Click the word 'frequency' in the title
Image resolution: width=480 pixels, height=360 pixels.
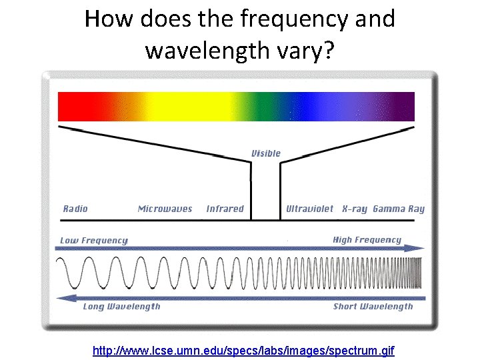293,19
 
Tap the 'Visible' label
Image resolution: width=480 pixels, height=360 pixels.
266,153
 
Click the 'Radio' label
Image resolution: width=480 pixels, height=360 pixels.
75,209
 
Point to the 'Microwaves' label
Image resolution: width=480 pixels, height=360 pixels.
165,209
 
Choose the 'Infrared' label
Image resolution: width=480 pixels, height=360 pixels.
225,209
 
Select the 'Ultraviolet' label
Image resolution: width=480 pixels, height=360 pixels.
309,209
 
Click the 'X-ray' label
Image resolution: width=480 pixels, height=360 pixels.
354,209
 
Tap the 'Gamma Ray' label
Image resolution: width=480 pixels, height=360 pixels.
399,209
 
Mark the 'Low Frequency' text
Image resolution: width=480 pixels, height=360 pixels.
93,240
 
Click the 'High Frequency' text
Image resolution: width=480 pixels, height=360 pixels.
367,240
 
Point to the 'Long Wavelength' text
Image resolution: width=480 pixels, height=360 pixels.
121,307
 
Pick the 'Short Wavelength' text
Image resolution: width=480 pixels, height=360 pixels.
373,307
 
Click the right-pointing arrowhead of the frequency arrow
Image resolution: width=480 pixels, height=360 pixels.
418,248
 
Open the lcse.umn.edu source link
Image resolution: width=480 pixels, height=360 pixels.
243,349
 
